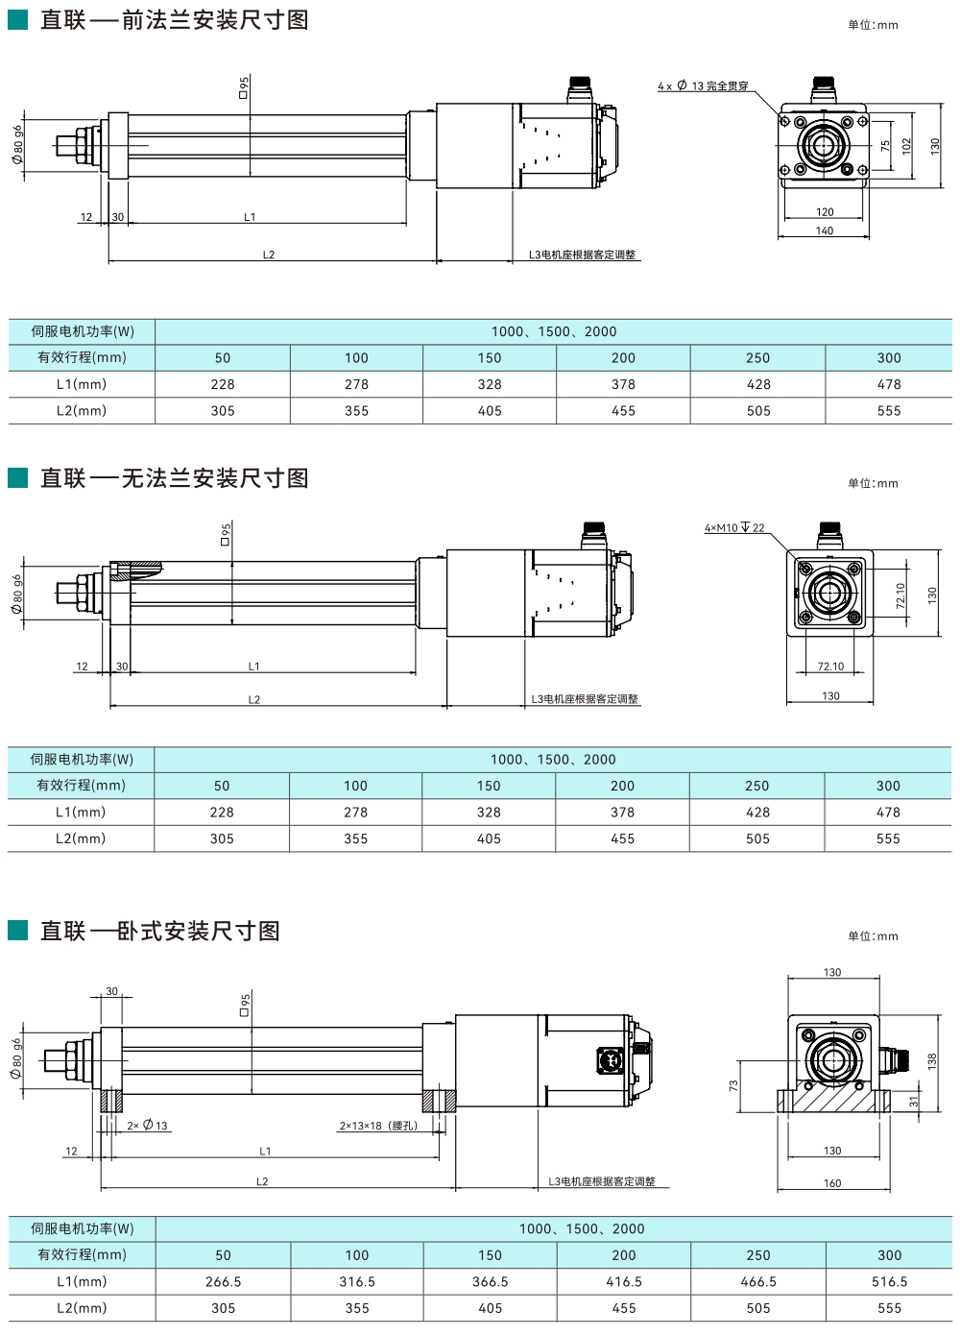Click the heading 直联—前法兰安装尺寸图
click(174, 20)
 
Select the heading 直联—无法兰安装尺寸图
click(174, 478)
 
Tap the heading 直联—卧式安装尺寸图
click(159, 931)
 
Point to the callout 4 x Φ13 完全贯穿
click(703, 86)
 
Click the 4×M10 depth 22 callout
click(734, 528)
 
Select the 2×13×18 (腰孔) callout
click(378, 1126)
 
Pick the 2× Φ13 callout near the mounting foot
click(147, 1126)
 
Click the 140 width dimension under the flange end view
click(825, 231)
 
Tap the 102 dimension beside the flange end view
click(906, 146)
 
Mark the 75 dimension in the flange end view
click(885, 146)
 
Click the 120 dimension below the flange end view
click(825, 212)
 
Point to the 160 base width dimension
click(832, 1183)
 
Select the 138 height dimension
click(931, 1061)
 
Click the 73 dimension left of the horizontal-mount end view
click(733, 1085)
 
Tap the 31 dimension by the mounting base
click(914, 1102)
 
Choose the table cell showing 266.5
click(224, 1281)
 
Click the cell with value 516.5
click(890, 1281)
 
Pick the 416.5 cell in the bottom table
click(624, 1281)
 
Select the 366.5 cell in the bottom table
click(491, 1281)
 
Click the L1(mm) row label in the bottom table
click(82, 1281)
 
